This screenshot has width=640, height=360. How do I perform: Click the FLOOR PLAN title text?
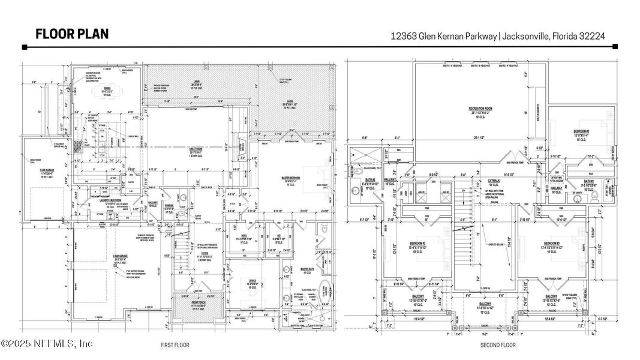[x=72, y=34]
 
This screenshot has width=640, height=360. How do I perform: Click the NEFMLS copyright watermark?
[x=47, y=344]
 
